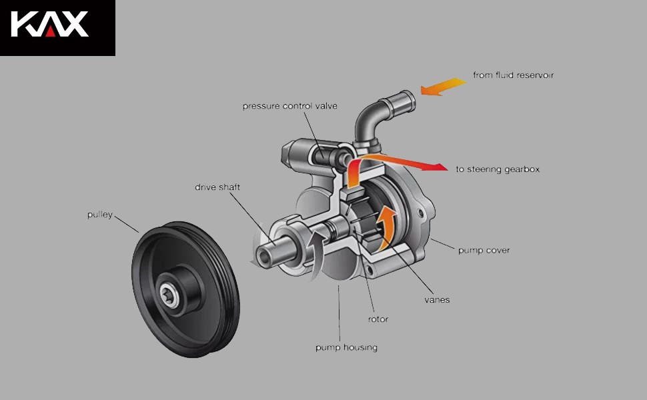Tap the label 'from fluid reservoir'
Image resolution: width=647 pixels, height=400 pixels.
(513, 75)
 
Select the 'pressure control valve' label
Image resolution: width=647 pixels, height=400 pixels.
(289, 106)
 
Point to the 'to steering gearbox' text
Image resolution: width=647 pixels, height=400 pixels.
(498, 169)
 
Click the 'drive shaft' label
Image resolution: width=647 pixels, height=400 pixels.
(217, 187)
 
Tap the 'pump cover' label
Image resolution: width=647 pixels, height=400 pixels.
(484, 251)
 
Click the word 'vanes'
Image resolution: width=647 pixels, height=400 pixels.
(437, 299)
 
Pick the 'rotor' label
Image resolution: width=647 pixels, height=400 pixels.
(378, 319)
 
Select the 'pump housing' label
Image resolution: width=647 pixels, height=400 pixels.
(346, 347)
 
